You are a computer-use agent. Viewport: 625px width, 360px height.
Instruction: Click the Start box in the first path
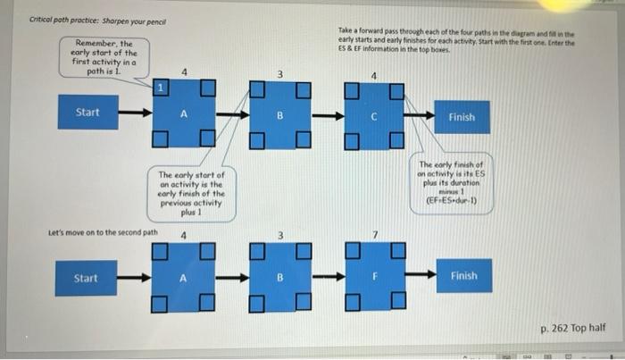coord(87,113)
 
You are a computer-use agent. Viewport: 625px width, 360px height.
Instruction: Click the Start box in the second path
coord(87,278)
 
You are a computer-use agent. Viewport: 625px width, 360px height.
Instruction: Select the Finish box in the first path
coord(462,117)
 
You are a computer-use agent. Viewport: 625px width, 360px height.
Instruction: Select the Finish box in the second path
coord(462,276)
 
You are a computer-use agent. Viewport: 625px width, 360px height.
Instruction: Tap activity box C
coord(375,115)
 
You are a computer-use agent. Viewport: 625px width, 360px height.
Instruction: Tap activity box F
coord(375,277)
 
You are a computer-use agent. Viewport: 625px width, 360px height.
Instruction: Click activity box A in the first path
coord(184,114)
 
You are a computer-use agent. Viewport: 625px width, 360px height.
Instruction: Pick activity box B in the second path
coord(279,277)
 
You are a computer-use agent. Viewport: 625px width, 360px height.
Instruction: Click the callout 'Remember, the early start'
coord(104,58)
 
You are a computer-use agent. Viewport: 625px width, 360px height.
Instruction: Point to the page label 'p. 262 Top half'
coord(572,328)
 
